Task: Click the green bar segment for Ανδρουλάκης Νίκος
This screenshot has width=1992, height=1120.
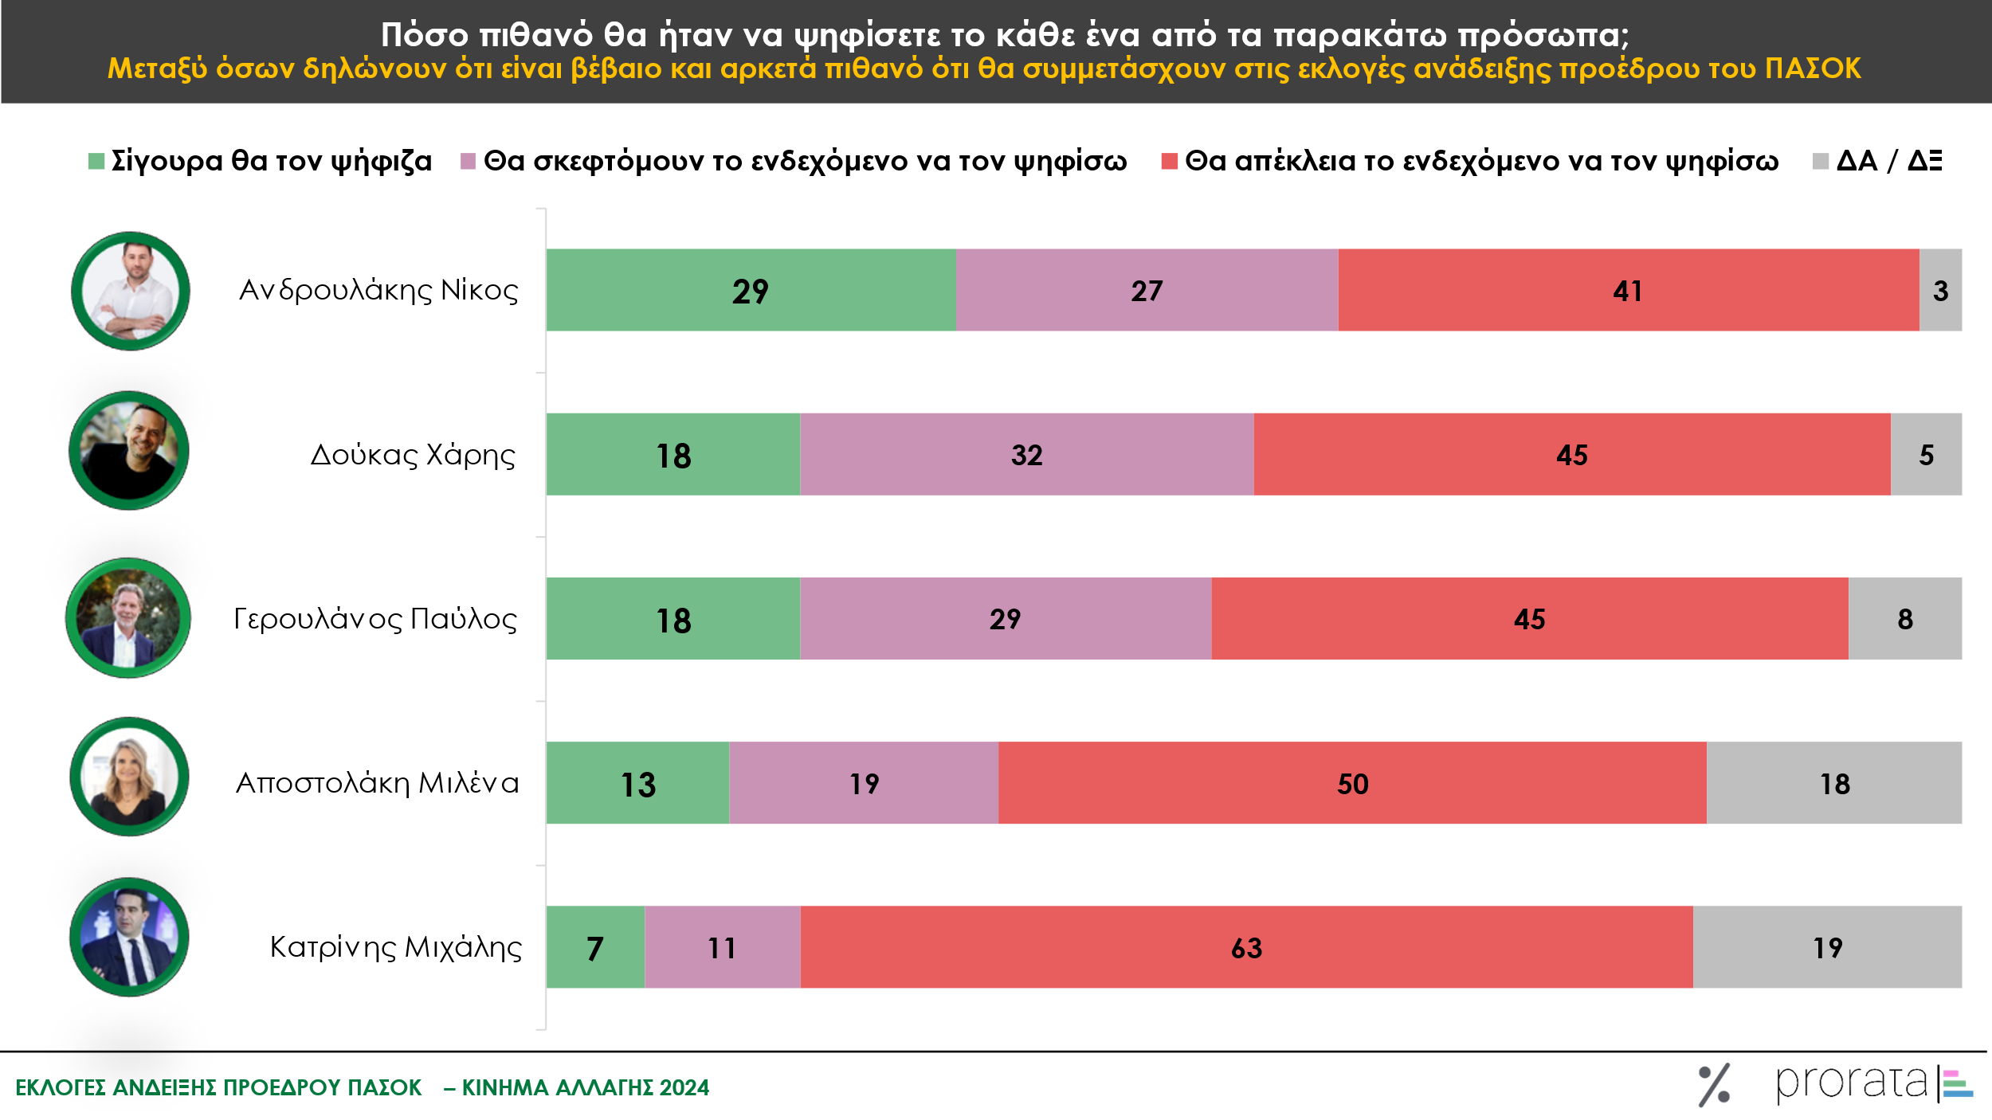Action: click(x=750, y=290)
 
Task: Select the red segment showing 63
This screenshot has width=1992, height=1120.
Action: click(x=1246, y=947)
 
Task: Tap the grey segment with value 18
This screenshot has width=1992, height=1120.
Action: click(x=1833, y=783)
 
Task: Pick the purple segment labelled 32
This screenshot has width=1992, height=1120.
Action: click(x=1026, y=454)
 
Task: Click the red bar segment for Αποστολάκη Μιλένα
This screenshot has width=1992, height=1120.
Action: click(x=1351, y=783)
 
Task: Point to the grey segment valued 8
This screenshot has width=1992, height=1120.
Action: click(x=1904, y=618)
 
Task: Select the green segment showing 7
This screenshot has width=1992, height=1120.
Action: click(x=595, y=947)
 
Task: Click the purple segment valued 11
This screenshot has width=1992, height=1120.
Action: click(x=722, y=947)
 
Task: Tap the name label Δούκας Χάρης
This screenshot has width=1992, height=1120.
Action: click(x=413, y=455)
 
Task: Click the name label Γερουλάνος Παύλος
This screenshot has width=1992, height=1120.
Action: click(x=375, y=619)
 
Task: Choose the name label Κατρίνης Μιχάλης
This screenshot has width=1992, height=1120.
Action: click(x=396, y=947)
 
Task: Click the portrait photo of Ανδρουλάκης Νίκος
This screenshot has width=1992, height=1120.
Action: click(x=131, y=291)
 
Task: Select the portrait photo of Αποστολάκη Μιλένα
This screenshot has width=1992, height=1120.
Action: click(x=129, y=777)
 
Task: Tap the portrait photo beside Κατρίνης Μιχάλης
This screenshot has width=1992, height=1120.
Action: click(x=129, y=938)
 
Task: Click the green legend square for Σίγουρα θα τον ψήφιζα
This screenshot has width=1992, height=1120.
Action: click(x=96, y=161)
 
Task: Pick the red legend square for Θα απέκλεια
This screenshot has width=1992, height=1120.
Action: click(x=1169, y=161)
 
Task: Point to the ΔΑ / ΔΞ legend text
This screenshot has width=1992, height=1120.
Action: click(x=1888, y=161)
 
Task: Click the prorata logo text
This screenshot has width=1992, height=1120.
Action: click(x=1850, y=1083)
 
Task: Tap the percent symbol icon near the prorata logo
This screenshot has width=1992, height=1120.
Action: click(x=1713, y=1085)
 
